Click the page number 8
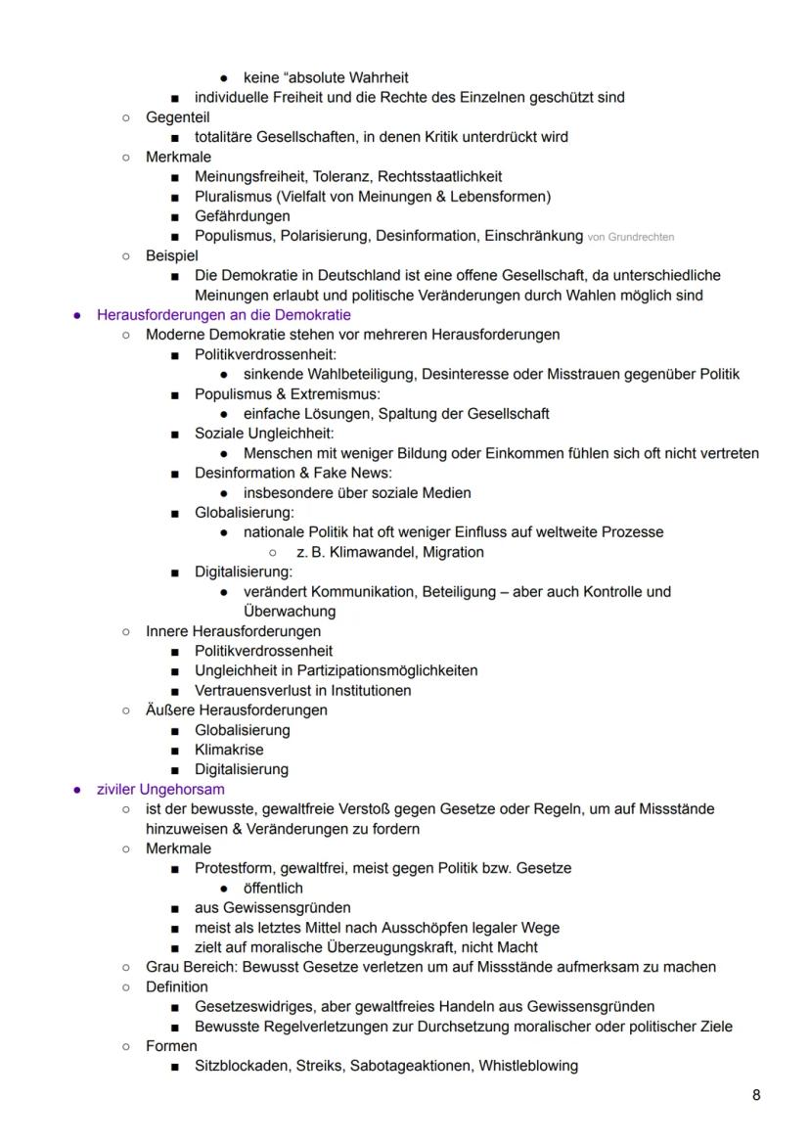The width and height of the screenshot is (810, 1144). (756, 1095)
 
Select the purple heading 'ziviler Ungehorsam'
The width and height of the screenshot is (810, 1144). (160, 789)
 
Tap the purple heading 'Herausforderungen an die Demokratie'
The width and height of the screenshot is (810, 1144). (223, 315)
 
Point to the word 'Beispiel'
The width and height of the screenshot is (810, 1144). (172, 255)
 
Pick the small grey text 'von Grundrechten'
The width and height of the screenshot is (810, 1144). (630, 237)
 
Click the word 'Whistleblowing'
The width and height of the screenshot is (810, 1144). (527, 1066)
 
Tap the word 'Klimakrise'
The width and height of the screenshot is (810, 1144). (229, 750)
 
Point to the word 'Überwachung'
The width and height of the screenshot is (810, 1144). (290, 612)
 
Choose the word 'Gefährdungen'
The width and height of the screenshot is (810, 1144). (242, 216)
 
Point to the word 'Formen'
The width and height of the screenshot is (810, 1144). (171, 1045)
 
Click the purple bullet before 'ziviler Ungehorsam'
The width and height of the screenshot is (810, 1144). (77, 789)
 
